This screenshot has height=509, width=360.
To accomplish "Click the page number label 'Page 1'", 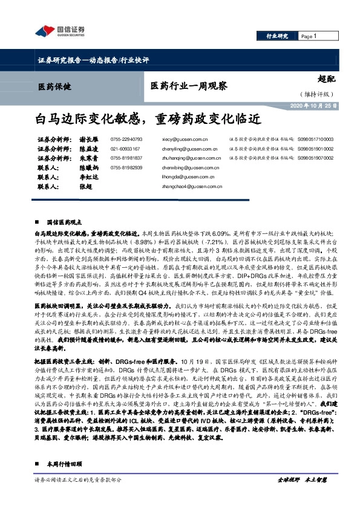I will (x=309, y=37).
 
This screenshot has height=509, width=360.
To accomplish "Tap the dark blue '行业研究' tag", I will (x=277, y=37).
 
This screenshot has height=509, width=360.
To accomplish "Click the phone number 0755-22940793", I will (x=126, y=138).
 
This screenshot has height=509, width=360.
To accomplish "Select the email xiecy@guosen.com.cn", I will (x=186, y=138).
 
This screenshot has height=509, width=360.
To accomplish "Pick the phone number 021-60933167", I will (x=125, y=148).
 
